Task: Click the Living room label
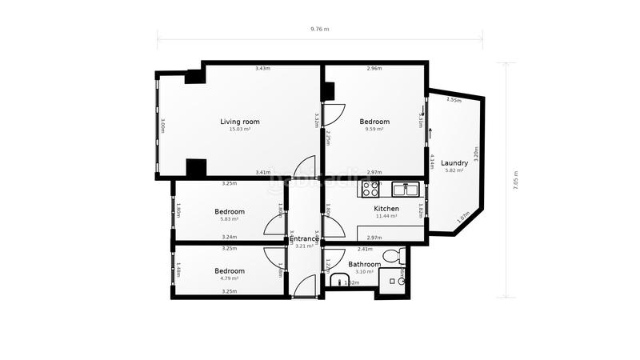(x=240, y=122)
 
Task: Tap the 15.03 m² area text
(x=240, y=130)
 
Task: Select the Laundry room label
(x=454, y=163)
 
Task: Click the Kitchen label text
(x=386, y=209)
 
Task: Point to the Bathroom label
(x=364, y=264)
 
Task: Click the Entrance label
(x=304, y=238)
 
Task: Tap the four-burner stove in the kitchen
(x=371, y=189)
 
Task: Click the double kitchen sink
(x=406, y=189)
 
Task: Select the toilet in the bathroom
(x=392, y=256)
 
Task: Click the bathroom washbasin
(x=338, y=281)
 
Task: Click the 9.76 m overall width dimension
(x=319, y=30)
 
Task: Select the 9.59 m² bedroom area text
(x=374, y=130)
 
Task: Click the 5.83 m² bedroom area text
(x=229, y=220)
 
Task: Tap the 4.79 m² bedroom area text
(x=229, y=279)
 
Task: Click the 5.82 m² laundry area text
(x=454, y=170)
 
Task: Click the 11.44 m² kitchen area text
(x=386, y=217)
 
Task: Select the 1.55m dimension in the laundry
(x=453, y=100)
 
